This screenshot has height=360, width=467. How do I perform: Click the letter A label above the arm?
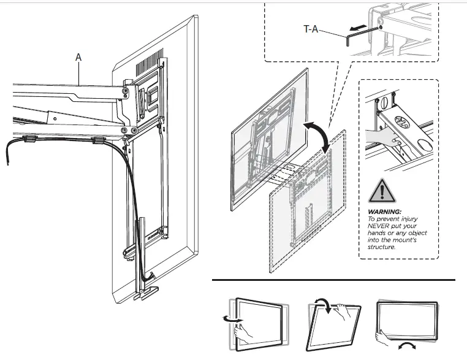click(x=78, y=56)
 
